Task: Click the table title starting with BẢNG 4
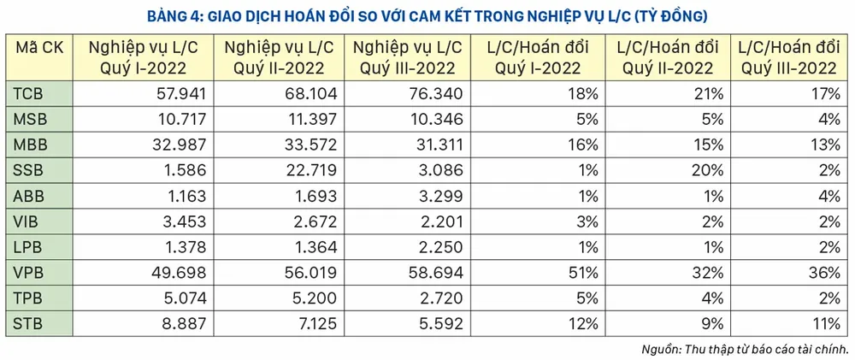(427, 15)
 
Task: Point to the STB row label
(28, 323)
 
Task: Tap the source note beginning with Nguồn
(743, 349)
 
